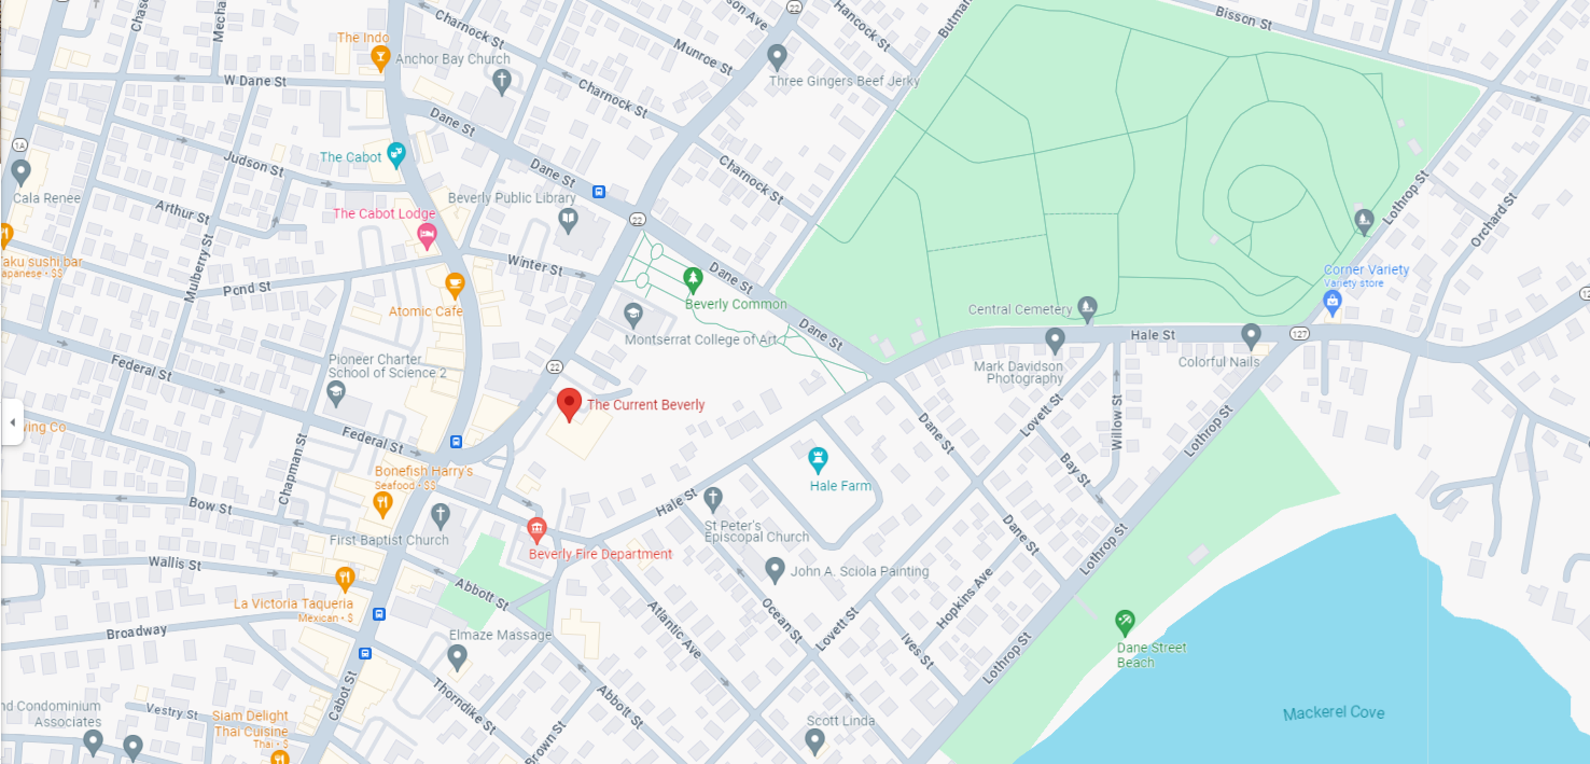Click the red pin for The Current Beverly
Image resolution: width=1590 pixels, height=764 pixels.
tap(569, 402)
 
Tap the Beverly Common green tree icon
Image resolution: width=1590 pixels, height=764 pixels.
tap(693, 279)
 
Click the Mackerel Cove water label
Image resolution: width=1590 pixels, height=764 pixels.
tap(1333, 713)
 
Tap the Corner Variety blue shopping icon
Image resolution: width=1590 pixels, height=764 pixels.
tap(1332, 302)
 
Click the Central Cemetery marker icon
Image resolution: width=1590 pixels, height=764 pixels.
tap(1086, 307)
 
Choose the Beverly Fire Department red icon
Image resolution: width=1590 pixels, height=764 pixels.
tap(536, 528)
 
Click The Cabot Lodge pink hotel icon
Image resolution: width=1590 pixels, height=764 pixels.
tap(426, 234)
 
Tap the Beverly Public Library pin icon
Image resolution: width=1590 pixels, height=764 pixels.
tap(567, 219)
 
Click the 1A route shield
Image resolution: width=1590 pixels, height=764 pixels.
tap(20, 145)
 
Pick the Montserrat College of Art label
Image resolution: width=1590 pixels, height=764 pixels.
tap(701, 340)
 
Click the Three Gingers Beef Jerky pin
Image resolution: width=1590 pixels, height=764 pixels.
tap(776, 56)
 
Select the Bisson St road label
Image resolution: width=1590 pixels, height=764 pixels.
tap(1243, 17)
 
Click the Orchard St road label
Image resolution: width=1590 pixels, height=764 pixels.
tap(1492, 220)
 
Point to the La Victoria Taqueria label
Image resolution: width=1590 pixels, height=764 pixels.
tap(293, 604)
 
